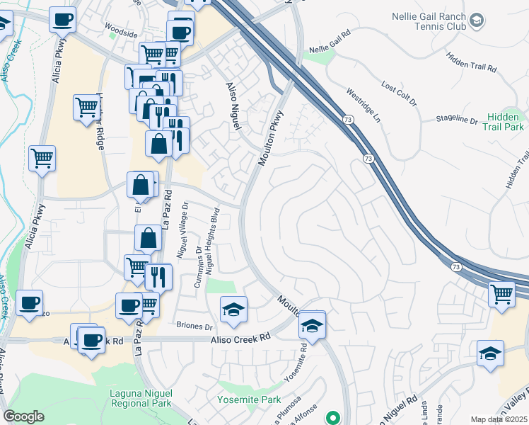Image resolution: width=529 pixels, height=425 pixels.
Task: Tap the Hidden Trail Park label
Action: click(x=504, y=122)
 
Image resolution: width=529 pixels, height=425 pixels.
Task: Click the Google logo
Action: click(x=23, y=416)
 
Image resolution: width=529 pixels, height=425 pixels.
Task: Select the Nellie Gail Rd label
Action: click(x=330, y=43)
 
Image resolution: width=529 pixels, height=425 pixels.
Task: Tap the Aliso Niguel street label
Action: click(x=234, y=107)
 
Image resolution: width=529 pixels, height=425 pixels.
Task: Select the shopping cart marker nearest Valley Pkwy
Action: click(x=502, y=294)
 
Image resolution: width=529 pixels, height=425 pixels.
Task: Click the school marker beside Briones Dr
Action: click(x=233, y=309)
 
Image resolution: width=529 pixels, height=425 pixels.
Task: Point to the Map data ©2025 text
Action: click(x=499, y=419)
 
